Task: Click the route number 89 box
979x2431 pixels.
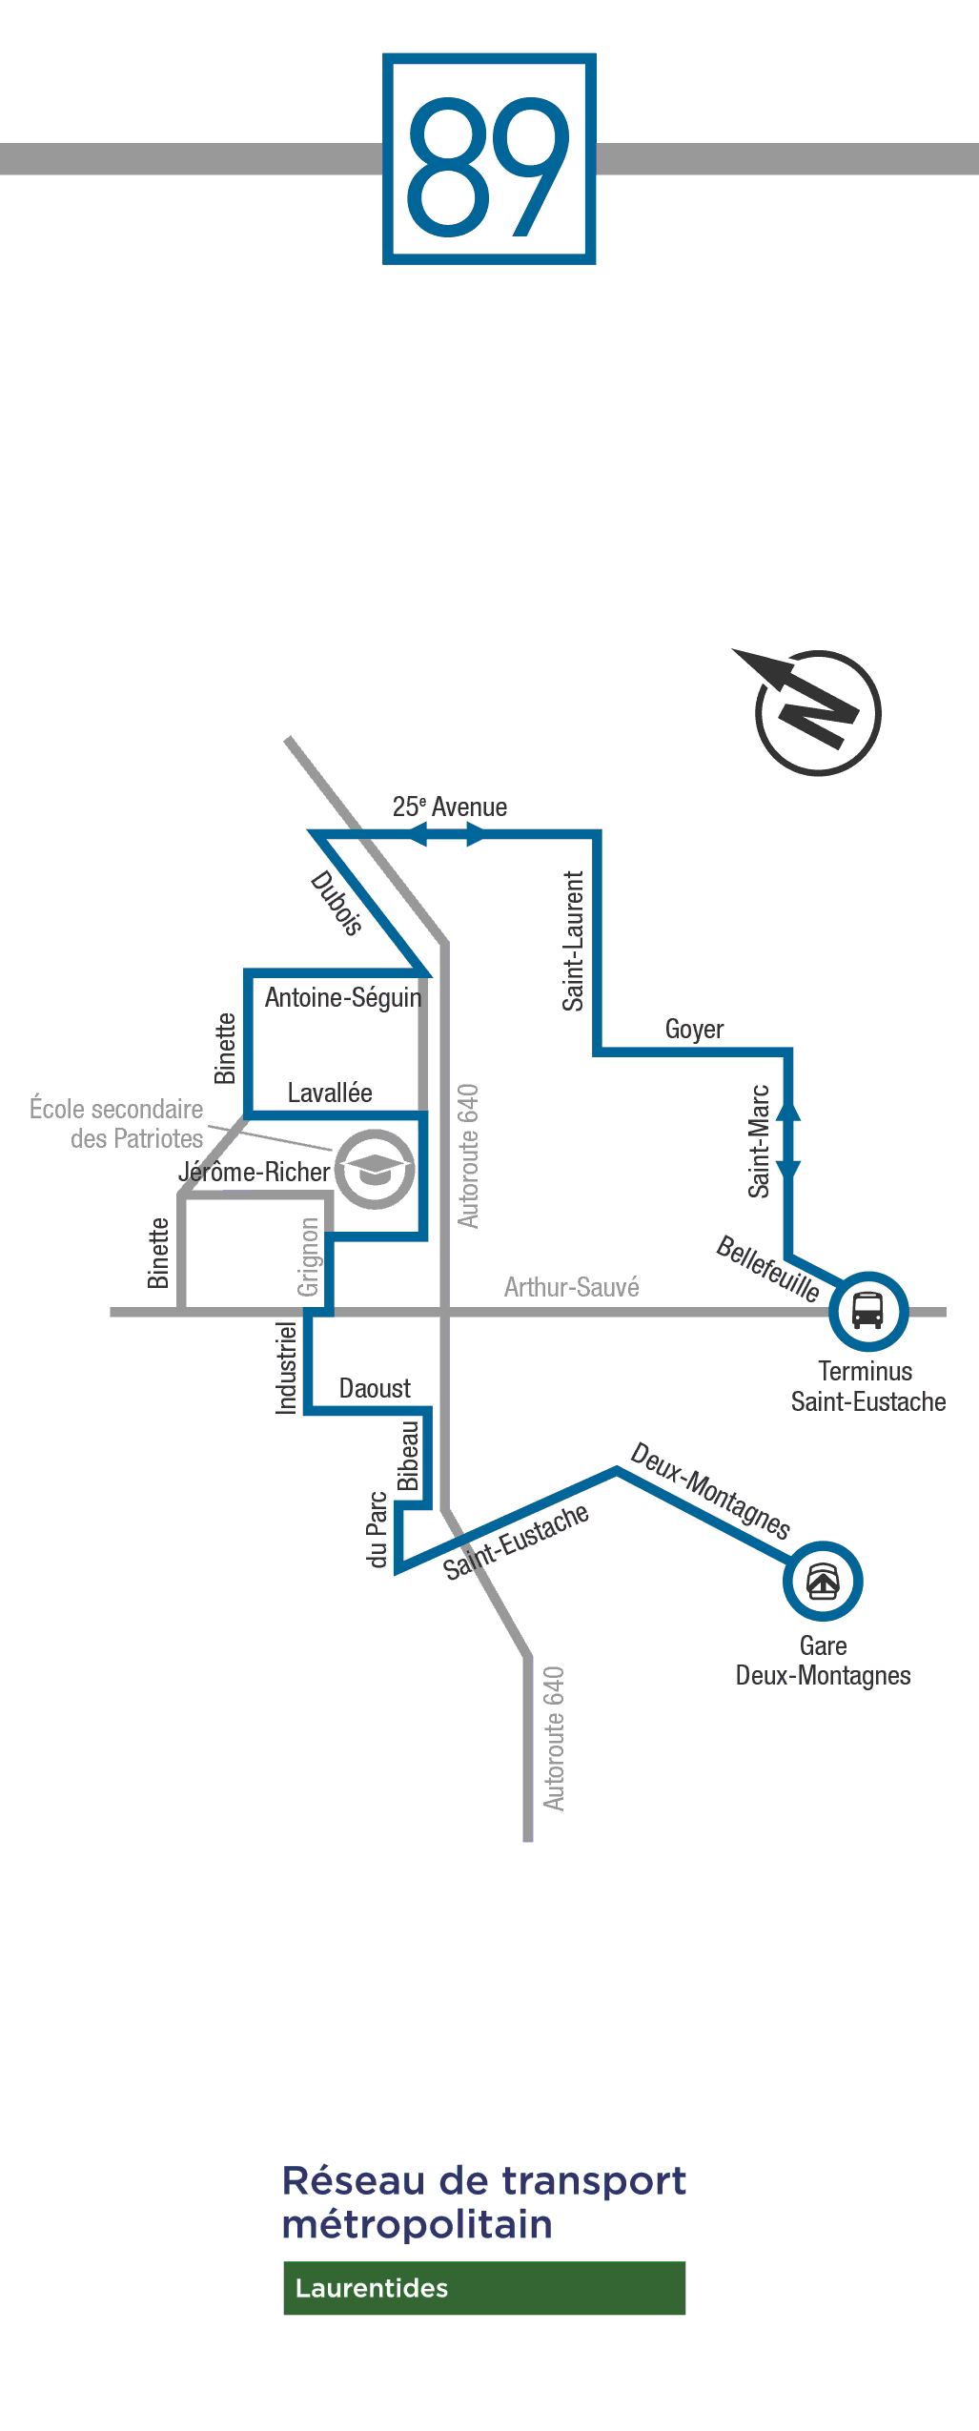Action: tap(489, 158)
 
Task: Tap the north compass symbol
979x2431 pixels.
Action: tap(811, 709)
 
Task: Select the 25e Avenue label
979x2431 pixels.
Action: tap(450, 807)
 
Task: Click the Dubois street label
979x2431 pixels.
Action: tap(337, 903)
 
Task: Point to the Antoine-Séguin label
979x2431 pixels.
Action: tap(343, 997)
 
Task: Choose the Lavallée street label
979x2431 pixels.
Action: tap(330, 1093)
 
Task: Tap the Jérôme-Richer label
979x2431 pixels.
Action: tap(254, 1172)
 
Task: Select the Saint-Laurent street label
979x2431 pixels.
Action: tap(572, 940)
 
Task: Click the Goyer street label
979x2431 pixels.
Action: tap(694, 1030)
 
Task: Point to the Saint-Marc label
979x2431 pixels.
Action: tap(758, 1141)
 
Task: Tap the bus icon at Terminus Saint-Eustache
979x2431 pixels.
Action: tap(868, 1311)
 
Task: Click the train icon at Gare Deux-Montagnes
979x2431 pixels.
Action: tap(823, 1581)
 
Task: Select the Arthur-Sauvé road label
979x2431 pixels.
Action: tap(571, 1287)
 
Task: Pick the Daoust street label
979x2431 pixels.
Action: tap(375, 1388)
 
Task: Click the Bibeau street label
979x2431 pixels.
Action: tap(408, 1456)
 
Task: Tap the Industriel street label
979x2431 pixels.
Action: tap(286, 1367)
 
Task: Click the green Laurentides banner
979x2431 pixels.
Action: tap(484, 2287)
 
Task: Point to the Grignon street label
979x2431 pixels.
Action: tap(308, 1257)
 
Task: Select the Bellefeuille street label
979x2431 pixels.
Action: tap(768, 1268)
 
